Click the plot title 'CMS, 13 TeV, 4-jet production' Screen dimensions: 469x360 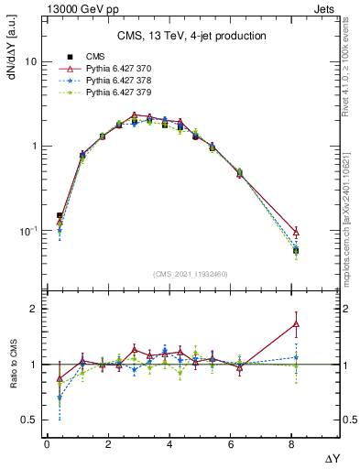pyautogui.click(x=191, y=36)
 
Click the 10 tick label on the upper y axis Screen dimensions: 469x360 pyautogui.click(x=27, y=62)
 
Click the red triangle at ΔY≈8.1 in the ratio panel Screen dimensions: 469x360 pyautogui.click(x=296, y=323)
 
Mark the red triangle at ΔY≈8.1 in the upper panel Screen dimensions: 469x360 pyautogui.click(x=296, y=233)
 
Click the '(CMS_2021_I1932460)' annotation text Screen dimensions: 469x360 pyautogui.click(x=191, y=273)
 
